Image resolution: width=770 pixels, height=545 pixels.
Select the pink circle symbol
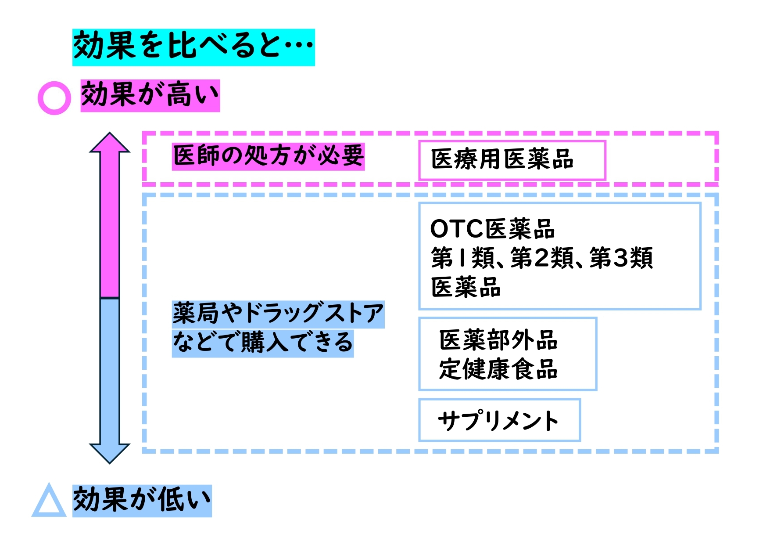(x=54, y=98)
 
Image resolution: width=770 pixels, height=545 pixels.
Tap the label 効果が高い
(x=150, y=95)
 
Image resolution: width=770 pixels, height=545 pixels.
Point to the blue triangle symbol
(x=49, y=502)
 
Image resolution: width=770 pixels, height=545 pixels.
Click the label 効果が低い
(x=142, y=501)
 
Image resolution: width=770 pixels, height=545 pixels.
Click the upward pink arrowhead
(x=110, y=143)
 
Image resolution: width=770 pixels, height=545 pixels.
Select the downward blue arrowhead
(x=110, y=452)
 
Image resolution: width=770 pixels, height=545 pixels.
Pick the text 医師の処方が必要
(x=268, y=156)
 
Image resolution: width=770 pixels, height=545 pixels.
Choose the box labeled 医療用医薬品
(x=512, y=160)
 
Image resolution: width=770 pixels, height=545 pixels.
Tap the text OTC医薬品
(x=492, y=229)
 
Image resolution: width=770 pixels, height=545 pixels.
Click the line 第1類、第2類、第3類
(x=542, y=258)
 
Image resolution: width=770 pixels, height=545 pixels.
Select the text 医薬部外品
(x=498, y=340)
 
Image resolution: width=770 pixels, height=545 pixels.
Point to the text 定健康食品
(x=498, y=369)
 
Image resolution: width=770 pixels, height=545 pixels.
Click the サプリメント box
(x=499, y=420)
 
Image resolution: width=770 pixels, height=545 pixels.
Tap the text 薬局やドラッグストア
(x=278, y=314)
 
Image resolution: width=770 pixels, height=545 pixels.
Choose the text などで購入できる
(x=263, y=343)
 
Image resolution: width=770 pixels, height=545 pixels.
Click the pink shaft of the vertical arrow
(x=110, y=224)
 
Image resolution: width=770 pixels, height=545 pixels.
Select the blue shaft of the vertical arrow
(x=110, y=369)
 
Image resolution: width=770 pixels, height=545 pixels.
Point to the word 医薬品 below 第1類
(x=466, y=287)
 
